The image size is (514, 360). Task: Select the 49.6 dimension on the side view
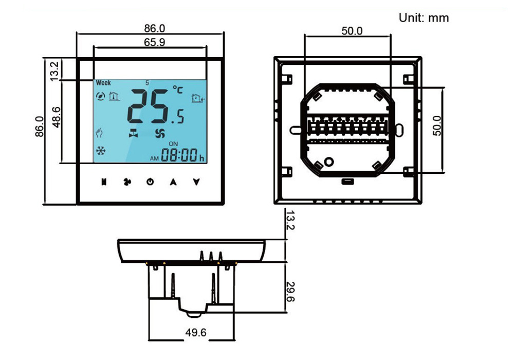(195, 333)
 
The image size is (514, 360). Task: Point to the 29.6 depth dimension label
(290, 292)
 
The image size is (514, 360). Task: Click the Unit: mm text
(424, 18)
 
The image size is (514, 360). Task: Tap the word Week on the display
(103, 83)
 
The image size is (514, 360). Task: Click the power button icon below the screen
(149, 182)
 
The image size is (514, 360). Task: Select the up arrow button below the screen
(173, 182)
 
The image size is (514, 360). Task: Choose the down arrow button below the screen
(196, 182)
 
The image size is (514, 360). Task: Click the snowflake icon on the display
(101, 151)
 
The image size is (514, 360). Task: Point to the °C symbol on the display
(177, 90)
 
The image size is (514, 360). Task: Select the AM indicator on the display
(154, 158)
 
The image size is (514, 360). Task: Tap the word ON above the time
(173, 143)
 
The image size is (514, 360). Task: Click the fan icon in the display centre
(160, 133)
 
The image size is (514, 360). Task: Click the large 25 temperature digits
(147, 105)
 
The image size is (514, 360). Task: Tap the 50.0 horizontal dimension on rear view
(352, 31)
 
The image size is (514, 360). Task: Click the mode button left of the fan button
(103, 182)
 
